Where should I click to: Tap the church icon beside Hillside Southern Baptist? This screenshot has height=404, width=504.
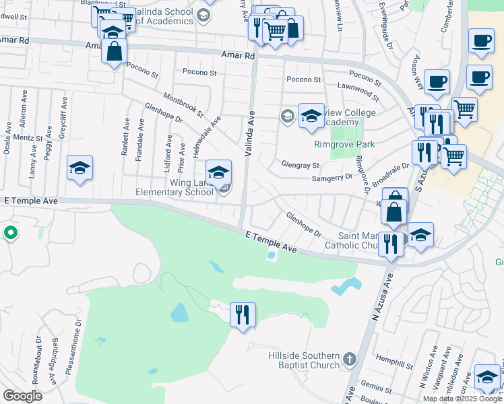click(x=349, y=360)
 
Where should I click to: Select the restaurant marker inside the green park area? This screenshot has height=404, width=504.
click(x=242, y=314)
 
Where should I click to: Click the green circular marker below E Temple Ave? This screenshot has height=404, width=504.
click(x=11, y=234)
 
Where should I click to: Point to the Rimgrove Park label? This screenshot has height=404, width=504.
click(x=344, y=144)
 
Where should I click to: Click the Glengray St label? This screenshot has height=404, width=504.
click(x=300, y=165)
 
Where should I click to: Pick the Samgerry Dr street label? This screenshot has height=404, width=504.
click(x=332, y=177)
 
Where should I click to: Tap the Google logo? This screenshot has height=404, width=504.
click(x=22, y=396)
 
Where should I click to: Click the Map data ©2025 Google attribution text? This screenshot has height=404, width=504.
click(x=462, y=399)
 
